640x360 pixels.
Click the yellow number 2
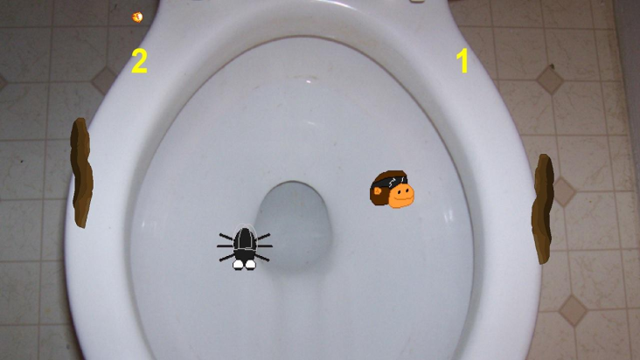click(139, 61)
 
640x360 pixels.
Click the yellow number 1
click(463, 61)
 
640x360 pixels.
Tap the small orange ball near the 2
click(137, 17)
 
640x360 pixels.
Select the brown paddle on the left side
click(81, 172)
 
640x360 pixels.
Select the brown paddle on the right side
click(543, 209)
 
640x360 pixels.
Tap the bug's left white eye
click(238, 265)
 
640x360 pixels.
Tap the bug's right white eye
click(250, 265)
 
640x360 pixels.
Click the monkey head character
click(392, 189)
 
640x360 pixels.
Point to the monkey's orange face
click(401, 195)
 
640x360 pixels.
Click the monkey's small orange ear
click(377, 190)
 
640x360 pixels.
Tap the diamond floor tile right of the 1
click(550, 80)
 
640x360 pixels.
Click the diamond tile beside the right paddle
click(564, 192)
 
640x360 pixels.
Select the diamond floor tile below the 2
click(104, 80)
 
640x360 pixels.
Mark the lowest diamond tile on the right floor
click(573, 311)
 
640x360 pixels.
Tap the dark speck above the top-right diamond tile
click(552, 66)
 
